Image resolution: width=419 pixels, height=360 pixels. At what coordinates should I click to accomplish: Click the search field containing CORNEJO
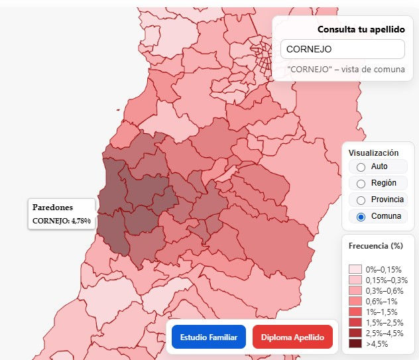pyautogui.click(x=342, y=49)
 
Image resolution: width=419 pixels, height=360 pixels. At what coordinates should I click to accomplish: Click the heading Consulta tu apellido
pyautogui.click(x=361, y=29)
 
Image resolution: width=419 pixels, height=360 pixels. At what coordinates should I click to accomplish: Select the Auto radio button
pyautogui.click(x=361, y=166)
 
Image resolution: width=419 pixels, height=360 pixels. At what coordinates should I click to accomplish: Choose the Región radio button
pyautogui.click(x=361, y=183)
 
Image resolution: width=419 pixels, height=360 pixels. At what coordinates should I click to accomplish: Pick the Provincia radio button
pyautogui.click(x=361, y=200)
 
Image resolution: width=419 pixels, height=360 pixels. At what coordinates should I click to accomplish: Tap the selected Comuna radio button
pyautogui.click(x=361, y=217)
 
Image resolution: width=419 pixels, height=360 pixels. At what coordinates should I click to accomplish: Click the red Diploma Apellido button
pyautogui.click(x=292, y=337)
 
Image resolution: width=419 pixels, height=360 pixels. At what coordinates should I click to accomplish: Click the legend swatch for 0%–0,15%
pyautogui.click(x=355, y=269)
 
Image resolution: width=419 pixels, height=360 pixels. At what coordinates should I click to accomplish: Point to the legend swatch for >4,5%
pyautogui.click(x=355, y=344)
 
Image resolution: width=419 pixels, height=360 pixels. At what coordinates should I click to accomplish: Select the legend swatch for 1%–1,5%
pyautogui.click(x=355, y=312)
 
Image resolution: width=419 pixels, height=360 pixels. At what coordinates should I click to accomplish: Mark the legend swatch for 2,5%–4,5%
pyautogui.click(x=355, y=333)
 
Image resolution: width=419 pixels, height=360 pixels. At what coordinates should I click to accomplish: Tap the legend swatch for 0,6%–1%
pyautogui.click(x=355, y=301)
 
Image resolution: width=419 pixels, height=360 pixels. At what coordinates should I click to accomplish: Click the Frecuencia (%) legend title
pyautogui.click(x=376, y=245)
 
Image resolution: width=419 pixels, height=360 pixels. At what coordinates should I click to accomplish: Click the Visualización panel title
pyautogui.click(x=374, y=152)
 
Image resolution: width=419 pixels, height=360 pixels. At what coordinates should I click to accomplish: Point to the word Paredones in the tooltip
pyautogui.click(x=52, y=207)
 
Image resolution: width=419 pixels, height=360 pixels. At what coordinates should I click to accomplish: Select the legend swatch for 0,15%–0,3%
pyautogui.click(x=355, y=280)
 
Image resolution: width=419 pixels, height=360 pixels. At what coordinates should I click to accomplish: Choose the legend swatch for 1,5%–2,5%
pyautogui.click(x=355, y=322)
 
